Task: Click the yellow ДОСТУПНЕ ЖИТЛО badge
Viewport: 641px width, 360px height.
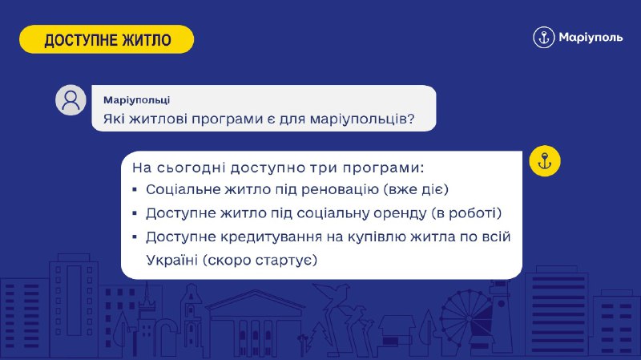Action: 107,39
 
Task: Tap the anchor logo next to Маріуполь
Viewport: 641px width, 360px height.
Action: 544,37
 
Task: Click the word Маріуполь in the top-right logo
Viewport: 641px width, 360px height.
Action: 591,38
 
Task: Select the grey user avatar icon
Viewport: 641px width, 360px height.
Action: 71,99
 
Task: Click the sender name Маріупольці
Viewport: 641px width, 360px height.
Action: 136,99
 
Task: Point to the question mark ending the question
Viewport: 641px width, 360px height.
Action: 411,119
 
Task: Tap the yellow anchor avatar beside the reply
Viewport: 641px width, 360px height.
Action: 545,161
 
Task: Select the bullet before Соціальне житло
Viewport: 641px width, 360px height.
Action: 135,190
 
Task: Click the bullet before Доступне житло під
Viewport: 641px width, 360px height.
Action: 135,213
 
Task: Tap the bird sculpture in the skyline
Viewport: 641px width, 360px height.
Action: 333,303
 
